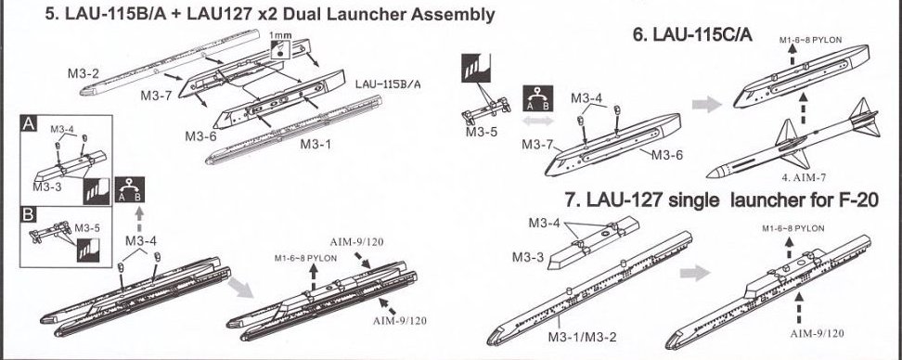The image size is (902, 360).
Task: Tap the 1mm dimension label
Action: [280, 35]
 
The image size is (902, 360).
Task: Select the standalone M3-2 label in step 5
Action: [84, 73]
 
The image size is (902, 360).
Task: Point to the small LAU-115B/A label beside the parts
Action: [388, 84]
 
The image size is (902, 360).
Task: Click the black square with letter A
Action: [28, 123]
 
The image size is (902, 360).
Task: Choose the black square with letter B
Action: [28, 215]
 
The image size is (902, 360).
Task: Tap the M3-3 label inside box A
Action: [46, 186]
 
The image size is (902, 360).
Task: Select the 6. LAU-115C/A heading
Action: [692, 34]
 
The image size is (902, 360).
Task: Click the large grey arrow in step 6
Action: [706, 104]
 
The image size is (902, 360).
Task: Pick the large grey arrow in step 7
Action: [696, 273]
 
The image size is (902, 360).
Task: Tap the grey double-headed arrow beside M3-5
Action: [538, 121]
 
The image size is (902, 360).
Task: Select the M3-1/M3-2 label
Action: [582, 337]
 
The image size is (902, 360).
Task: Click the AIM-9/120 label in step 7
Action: [817, 333]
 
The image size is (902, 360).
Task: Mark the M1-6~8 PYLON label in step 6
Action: [810, 40]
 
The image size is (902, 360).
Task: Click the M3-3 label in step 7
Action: [528, 257]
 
